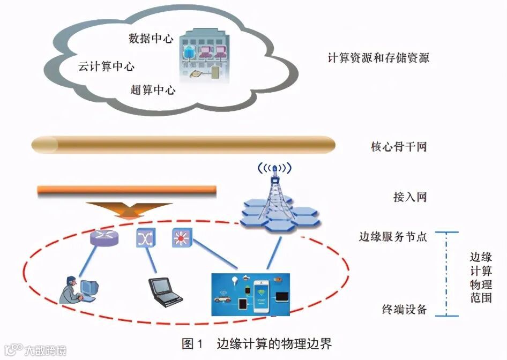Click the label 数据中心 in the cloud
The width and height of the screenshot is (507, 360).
tap(151, 39)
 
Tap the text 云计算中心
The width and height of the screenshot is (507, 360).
tap(106, 67)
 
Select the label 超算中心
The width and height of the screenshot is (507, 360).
tap(153, 89)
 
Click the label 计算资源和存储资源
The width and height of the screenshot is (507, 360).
tap(378, 58)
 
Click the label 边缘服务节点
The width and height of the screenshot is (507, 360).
tap(393, 236)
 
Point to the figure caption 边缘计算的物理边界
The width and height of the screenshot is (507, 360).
tap(277, 343)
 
